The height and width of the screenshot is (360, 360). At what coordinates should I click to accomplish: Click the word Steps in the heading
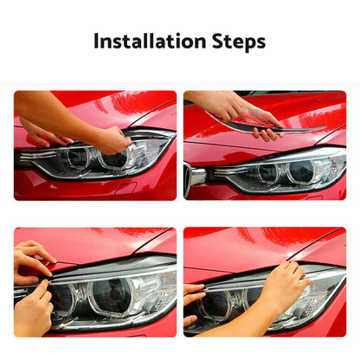pos(235,42)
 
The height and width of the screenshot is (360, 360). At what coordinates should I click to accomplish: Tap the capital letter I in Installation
pos(96,42)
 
